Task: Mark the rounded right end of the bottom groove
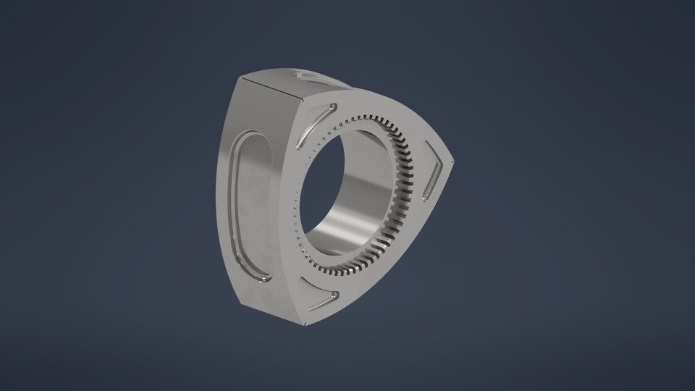tap(334, 295)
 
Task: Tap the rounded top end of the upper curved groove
tap(331, 107)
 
